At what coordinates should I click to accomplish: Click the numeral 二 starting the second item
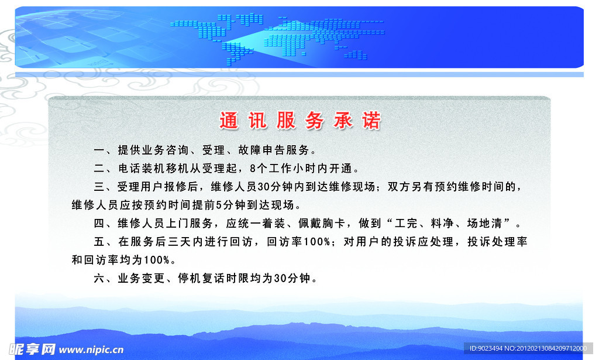[x=99, y=169]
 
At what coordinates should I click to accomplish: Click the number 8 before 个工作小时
[x=253, y=169]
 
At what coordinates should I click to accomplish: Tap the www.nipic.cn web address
[x=91, y=350]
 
